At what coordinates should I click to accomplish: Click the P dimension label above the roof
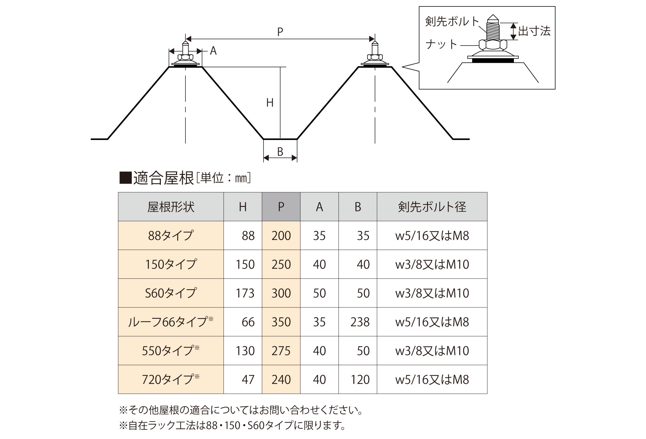click(x=280, y=32)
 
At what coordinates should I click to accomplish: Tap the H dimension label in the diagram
click(x=270, y=103)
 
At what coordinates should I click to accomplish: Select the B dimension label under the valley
click(x=280, y=152)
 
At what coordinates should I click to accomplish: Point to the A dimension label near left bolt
click(x=213, y=51)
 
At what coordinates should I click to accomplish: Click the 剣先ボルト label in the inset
click(x=452, y=22)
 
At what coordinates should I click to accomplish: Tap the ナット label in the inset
click(x=441, y=44)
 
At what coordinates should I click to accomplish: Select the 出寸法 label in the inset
click(x=534, y=31)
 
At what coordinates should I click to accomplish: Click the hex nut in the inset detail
click(x=493, y=45)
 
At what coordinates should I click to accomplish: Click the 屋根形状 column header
click(x=171, y=207)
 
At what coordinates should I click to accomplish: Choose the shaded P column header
click(x=281, y=207)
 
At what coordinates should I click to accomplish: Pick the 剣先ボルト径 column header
click(x=432, y=207)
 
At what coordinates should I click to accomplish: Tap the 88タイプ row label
click(x=171, y=235)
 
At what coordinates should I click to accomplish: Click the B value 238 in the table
click(x=360, y=322)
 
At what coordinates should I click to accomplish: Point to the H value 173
click(x=245, y=293)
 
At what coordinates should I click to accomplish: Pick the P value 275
click(x=281, y=351)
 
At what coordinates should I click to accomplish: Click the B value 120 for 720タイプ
click(x=360, y=380)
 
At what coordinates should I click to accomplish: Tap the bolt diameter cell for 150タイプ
click(x=432, y=264)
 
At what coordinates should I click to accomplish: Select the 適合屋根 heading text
click(x=163, y=178)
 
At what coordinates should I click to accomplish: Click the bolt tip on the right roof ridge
click(x=375, y=43)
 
